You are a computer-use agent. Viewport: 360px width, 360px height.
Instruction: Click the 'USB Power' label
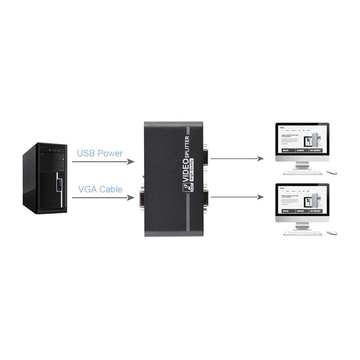[99, 153]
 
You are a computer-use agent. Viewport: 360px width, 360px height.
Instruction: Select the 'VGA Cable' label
[99, 189]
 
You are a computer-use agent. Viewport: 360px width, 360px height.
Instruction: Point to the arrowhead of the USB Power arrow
[131, 161]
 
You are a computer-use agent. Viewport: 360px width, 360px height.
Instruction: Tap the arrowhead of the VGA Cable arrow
[131, 197]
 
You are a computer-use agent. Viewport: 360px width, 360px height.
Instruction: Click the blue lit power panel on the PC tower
[58, 185]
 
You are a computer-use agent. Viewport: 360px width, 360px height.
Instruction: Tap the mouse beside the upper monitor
[331, 172]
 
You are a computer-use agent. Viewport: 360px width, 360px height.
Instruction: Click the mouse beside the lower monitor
[331, 233]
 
